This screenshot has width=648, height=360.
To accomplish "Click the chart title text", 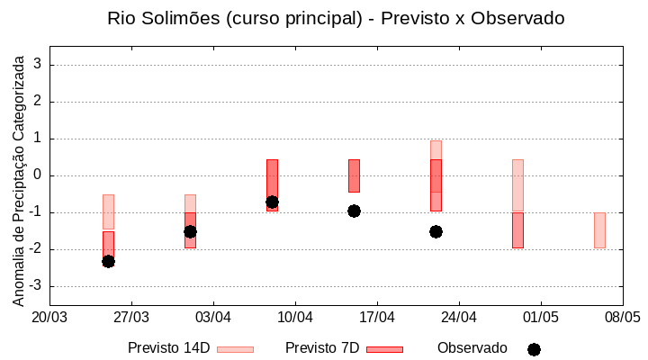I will pyautogui.click(x=336, y=18).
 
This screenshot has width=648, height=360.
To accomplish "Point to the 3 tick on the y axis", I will pyautogui.click(x=38, y=65).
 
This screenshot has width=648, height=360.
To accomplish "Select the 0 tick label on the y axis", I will pyautogui.click(x=38, y=175).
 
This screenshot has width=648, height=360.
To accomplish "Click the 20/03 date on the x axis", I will pyautogui.click(x=49, y=317).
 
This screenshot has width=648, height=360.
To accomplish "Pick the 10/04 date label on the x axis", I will pyautogui.click(x=294, y=317).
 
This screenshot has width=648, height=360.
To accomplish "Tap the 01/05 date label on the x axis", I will pyautogui.click(x=540, y=317).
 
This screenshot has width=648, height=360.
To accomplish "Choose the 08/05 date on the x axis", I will pyautogui.click(x=622, y=317).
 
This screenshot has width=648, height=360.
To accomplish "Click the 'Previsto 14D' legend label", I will pyautogui.click(x=168, y=348).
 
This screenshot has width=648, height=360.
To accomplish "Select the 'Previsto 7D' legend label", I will pyautogui.click(x=322, y=348).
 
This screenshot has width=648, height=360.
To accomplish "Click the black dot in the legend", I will pyautogui.click(x=534, y=349).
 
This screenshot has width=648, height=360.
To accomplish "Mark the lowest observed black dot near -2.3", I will pyautogui.click(x=108, y=261).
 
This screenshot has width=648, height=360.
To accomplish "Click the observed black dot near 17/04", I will pyautogui.click(x=354, y=211).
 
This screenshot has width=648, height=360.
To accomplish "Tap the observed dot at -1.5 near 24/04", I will pyautogui.click(x=436, y=231).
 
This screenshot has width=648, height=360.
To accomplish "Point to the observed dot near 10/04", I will pyautogui.click(x=272, y=202).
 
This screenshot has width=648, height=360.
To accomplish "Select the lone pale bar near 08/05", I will pyautogui.click(x=599, y=229).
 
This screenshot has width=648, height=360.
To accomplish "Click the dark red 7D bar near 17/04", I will pyautogui.click(x=354, y=175).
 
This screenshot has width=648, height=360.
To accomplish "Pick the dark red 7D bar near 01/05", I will pyautogui.click(x=517, y=229).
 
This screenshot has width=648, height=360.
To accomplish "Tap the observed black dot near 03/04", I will pyautogui.click(x=190, y=231).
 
